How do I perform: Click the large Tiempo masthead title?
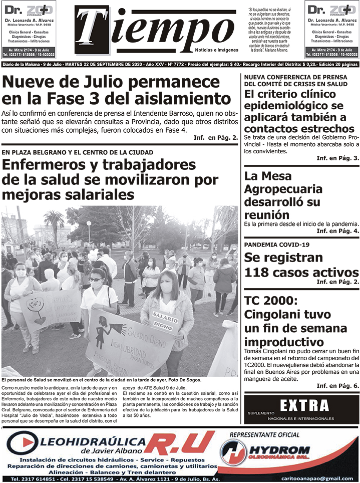click(155, 31)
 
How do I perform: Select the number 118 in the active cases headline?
click(261, 273)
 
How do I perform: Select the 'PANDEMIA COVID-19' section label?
click(277, 245)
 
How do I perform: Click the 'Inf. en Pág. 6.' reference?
click(337, 386)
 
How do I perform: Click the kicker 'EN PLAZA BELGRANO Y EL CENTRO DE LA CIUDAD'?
click(77, 152)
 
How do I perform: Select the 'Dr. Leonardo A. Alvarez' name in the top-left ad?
click(29, 20)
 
